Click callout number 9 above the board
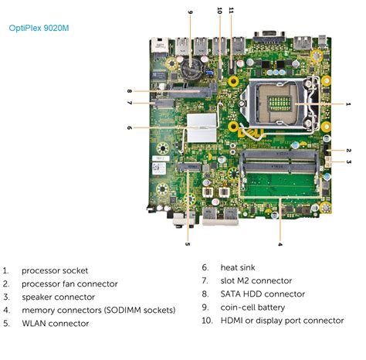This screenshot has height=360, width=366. pyautogui.click(x=189, y=12)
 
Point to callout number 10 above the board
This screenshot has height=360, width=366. pyautogui.click(x=219, y=11)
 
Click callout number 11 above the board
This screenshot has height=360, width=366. pyautogui.click(x=231, y=11)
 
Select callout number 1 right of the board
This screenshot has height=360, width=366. pyautogui.click(x=348, y=104)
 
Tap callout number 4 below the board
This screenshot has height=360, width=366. pyautogui.click(x=280, y=245)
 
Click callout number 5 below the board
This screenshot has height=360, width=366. pyautogui.click(x=188, y=244)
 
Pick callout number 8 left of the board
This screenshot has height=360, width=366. pyautogui.click(x=129, y=91)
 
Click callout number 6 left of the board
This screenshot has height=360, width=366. pyautogui.click(x=129, y=127)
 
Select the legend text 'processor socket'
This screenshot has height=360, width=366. pyautogui.click(x=55, y=270)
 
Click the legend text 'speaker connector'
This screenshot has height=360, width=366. pyautogui.click(x=58, y=297)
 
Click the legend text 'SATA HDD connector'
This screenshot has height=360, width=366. pyautogui.click(x=263, y=294)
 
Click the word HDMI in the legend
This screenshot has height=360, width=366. pyautogui.click(x=233, y=320)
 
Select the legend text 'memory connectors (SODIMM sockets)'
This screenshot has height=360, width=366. pyautogui.click(x=98, y=310)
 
